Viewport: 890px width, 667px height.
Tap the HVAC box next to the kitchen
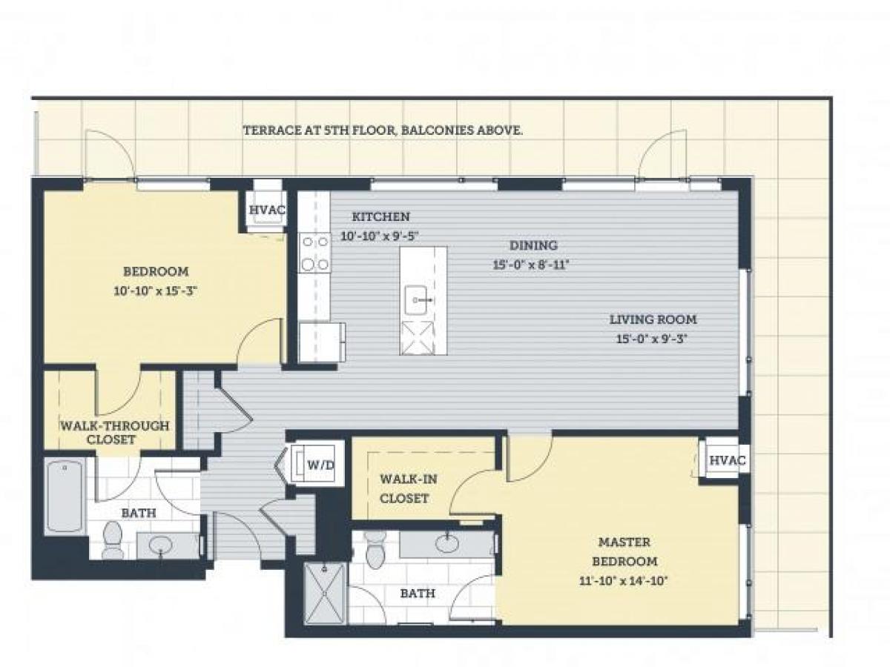tap(265, 210)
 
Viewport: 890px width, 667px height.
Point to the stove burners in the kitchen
tap(315, 253)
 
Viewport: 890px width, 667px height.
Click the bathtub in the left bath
tap(64, 497)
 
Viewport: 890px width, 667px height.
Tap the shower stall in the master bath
tap(325, 593)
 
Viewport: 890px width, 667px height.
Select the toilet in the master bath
tap(376, 553)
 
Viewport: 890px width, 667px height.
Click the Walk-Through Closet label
tap(114, 433)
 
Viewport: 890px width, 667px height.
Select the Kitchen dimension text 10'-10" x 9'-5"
tap(380, 237)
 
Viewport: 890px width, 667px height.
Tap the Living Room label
tap(653, 319)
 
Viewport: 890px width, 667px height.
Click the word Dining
tap(533, 245)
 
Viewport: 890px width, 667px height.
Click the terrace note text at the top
tap(383, 130)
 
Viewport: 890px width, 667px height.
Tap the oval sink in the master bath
tap(447, 544)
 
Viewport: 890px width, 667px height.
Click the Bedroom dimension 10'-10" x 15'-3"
tap(155, 291)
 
